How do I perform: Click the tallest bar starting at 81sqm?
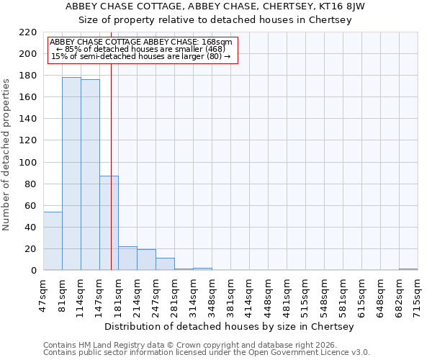click(x=71, y=174)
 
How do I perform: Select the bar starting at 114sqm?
click(x=90, y=175)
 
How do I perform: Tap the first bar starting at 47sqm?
click(x=53, y=241)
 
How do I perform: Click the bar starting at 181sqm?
click(x=127, y=258)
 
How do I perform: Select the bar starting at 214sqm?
click(x=146, y=260)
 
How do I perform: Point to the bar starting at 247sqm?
click(x=165, y=264)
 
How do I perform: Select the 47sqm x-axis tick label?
click(x=43, y=294)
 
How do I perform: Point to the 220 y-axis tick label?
click(x=28, y=32)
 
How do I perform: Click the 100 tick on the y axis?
click(x=28, y=163)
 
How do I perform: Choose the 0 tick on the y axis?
click(x=34, y=271)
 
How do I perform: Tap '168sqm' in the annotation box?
click(x=218, y=42)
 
